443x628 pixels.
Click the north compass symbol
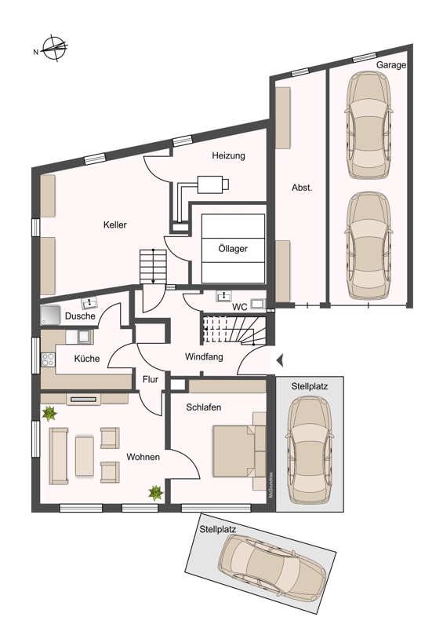point(55,49)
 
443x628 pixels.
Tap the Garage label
point(391,65)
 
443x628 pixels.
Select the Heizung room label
point(228,155)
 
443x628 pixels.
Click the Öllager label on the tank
point(233,249)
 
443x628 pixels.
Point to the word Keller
point(114,225)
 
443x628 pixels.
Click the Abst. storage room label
point(302,188)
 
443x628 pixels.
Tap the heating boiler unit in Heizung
point(213,184)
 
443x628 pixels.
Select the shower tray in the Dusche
point(50,315)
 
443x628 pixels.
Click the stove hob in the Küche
point(48,359)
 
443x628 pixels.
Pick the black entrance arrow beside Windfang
point(280,360)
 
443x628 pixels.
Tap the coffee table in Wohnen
point(85,456)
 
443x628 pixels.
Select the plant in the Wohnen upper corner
point(49,414)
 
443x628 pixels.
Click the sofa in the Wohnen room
point(58,456)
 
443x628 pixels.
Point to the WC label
point(240,308)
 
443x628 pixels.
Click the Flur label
point(151,379)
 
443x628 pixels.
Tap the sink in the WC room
point(223,297)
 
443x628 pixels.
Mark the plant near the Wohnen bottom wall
point(156,493)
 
